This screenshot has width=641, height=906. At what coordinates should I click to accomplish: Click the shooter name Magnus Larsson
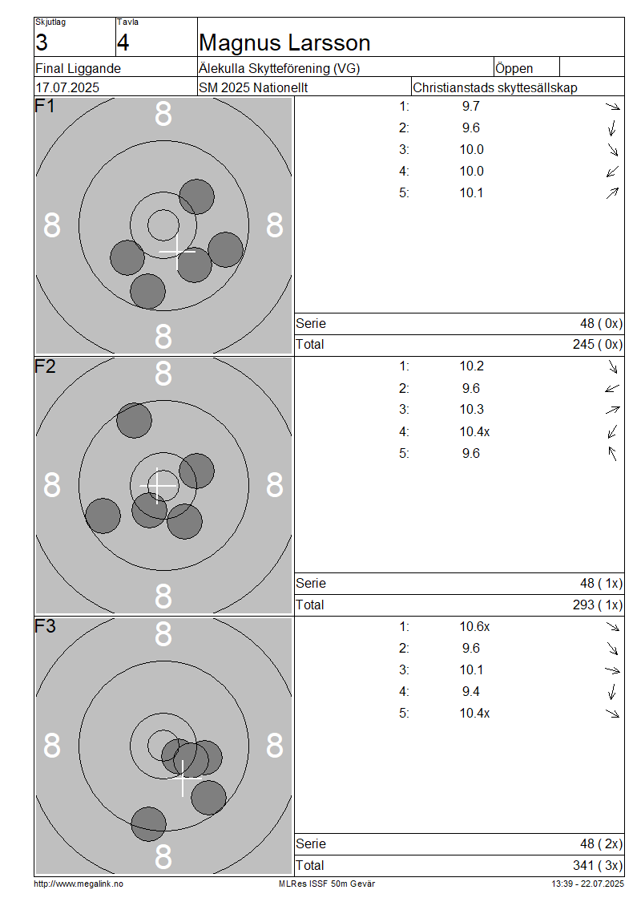pyautogui.click(x=284, y=42)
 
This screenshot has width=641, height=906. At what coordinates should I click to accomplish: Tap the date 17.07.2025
pyautogui.click(x=67, y=88)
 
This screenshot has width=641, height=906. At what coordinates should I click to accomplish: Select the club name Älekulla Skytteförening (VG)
pyautogui.click(x=280, y=69)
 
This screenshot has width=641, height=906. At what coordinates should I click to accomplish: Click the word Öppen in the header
pyautogui.click(x=514, y=69)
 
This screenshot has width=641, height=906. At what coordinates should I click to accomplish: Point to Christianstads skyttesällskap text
pyautogui.click(x=495, y=88)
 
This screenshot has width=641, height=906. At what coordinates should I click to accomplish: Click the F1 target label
pyautogui.click(x=44, y=107)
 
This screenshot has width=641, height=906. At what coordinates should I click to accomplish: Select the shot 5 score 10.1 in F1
pyautogui.click(x=471, y=193)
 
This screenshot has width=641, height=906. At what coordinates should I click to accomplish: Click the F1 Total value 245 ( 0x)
pyautogui.click(x=598, y=345)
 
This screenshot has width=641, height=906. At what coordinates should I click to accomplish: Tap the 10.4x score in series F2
pyautogui.click(x=474, y=431)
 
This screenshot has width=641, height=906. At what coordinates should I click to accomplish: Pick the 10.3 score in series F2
pyautogui.click(x=471, y=410)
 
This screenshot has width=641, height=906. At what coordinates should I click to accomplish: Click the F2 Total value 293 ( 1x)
pyautogui.click(x=598, y=605)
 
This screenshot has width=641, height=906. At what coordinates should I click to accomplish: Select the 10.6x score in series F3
pyautogui.click(x=474, y=627)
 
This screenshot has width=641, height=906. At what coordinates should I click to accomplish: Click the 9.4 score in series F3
pyautogui.click(x=471, y=692)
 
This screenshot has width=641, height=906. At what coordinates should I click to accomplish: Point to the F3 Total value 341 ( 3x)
pyautogui.click(x=598, y=866)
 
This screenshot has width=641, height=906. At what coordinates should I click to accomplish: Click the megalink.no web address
pyautogui.click(x=79, y=884)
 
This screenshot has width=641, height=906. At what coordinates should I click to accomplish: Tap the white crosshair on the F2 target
pyautogui.click(x=158, y=485)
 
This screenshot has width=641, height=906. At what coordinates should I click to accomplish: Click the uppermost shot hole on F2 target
pyautogui.click(x=134, y=421)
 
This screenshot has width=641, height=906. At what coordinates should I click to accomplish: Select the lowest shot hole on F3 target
pyautogui.click(x=148, y=824)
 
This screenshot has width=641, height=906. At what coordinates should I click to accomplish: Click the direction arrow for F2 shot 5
pyautogui.click(x=613, y=454)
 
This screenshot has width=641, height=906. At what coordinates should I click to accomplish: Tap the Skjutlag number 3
pyautogui.click(x=42, y=42)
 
